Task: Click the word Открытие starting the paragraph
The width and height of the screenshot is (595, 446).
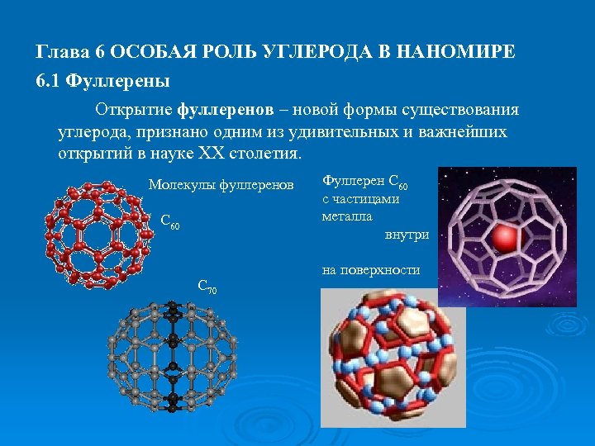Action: (133, 110)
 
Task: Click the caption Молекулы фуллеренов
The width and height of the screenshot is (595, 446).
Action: (221, 183)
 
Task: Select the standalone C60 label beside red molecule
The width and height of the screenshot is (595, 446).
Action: (169, 221)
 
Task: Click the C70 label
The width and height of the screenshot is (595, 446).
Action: (207, 287)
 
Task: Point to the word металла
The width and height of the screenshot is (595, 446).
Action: (347, 216)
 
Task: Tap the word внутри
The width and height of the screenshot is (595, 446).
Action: (407, 235)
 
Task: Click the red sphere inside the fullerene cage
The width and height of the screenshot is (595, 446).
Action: (503, 239)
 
